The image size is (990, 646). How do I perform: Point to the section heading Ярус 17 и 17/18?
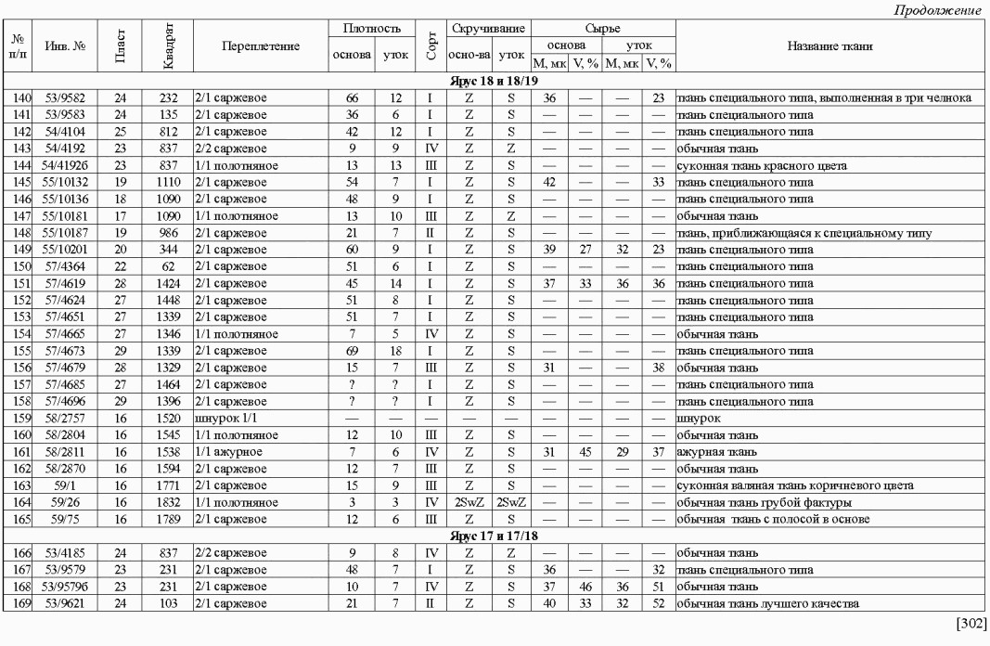(x=495, y=535)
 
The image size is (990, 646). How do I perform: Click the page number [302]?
(x=971, y=622)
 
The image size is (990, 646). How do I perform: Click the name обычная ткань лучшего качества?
(x=767, y=604)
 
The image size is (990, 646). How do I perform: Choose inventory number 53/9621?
(x=65, y=604)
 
